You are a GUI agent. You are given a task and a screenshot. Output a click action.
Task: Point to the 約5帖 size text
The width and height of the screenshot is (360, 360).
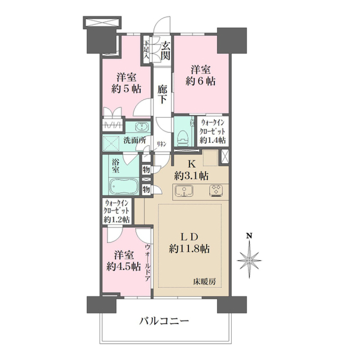click(126, 89)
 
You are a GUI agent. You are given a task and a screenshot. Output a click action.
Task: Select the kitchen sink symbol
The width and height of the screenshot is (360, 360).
click(183, 191)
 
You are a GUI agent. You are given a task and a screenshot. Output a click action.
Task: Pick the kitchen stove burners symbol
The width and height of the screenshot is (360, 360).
click(216, 190)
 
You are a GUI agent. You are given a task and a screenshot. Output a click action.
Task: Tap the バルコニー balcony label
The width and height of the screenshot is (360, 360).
click(163, 321)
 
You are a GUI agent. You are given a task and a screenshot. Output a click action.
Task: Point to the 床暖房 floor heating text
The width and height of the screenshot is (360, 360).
click(204, 281)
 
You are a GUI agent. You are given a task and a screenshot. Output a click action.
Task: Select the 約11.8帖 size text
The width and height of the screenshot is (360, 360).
click(189, 248)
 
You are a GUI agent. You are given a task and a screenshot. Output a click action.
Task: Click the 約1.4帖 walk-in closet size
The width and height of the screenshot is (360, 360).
click(213, 140)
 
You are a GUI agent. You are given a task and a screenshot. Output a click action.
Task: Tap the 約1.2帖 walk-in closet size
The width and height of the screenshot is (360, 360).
click(117, 220)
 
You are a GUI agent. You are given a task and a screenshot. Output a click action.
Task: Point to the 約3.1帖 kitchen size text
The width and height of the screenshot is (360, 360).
click(191, 175)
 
